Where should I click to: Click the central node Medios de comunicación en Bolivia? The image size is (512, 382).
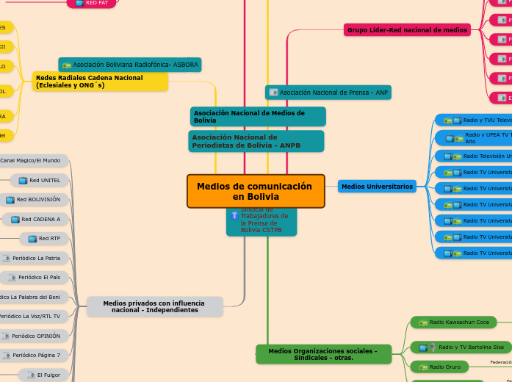coord(255,191)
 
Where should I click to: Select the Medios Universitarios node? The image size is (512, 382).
coord(377,187)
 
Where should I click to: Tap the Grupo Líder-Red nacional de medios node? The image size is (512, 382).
coord(407,30)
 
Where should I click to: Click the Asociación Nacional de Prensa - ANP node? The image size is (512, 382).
coord(328,93)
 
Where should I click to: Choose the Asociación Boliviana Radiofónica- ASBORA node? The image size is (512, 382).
coord(130,65)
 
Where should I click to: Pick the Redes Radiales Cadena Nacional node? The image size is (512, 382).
coord(100,81)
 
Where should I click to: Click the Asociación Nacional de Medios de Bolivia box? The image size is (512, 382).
coord(257,116)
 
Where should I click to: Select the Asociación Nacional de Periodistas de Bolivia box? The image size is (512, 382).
coord(256,141)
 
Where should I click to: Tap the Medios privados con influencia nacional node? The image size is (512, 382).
coord(154,306)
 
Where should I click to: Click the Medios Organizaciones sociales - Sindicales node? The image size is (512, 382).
coord(323,354)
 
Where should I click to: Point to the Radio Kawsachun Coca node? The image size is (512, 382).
coord(453,322)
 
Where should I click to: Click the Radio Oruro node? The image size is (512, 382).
coord(439,367)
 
